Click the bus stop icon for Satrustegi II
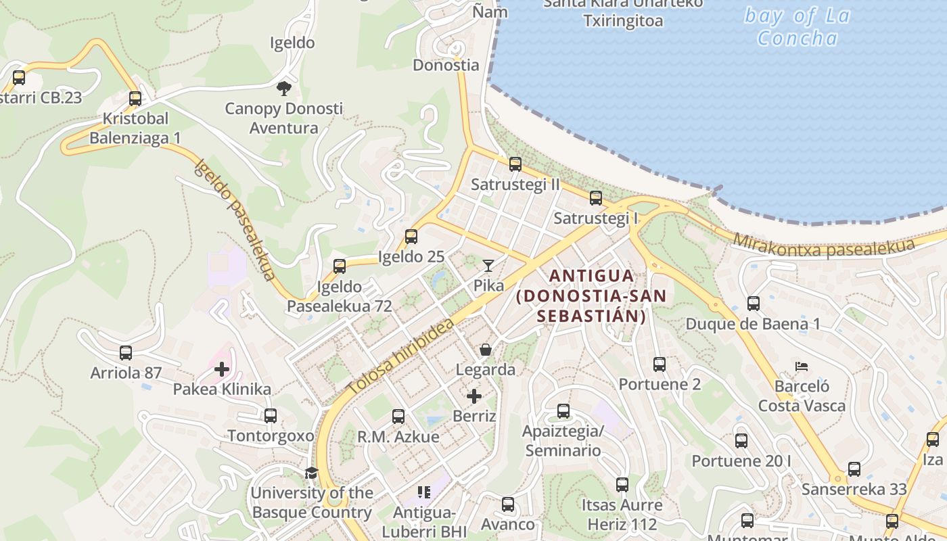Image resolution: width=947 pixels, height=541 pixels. [x=515, y=164]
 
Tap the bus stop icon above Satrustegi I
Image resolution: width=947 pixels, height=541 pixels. [x=596, y=198]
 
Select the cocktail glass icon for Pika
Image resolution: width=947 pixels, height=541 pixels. [x=488, y=266]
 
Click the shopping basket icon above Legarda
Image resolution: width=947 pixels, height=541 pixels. [x=486, y=350]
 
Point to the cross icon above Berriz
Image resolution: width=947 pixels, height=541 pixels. [x=474, y=396]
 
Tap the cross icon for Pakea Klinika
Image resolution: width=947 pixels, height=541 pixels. [x=221, y=369]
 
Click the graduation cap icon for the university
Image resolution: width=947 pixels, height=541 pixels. [x=311, y=473]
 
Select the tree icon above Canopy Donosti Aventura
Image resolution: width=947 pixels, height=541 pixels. [x=284, y=88]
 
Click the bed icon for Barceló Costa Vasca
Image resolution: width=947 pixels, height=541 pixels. [x=802, y=367]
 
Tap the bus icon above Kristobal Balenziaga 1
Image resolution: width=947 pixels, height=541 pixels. [x=135, y=99]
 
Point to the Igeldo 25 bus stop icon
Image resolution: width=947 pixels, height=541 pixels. [x=411, y=237]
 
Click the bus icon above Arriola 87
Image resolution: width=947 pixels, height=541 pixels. [x=126, y=353]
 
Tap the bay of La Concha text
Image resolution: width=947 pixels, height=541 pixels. [x=797, y=26]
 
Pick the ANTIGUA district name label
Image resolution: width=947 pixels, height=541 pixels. [x=592, y=276]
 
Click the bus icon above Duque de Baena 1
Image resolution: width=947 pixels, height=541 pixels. [x=754, y=304]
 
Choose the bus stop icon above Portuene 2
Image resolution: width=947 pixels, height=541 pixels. [x=660, y=364]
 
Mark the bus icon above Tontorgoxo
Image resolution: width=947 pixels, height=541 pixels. [x=271, y=416]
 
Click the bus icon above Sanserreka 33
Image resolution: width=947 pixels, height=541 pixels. [x=854, y=469]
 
